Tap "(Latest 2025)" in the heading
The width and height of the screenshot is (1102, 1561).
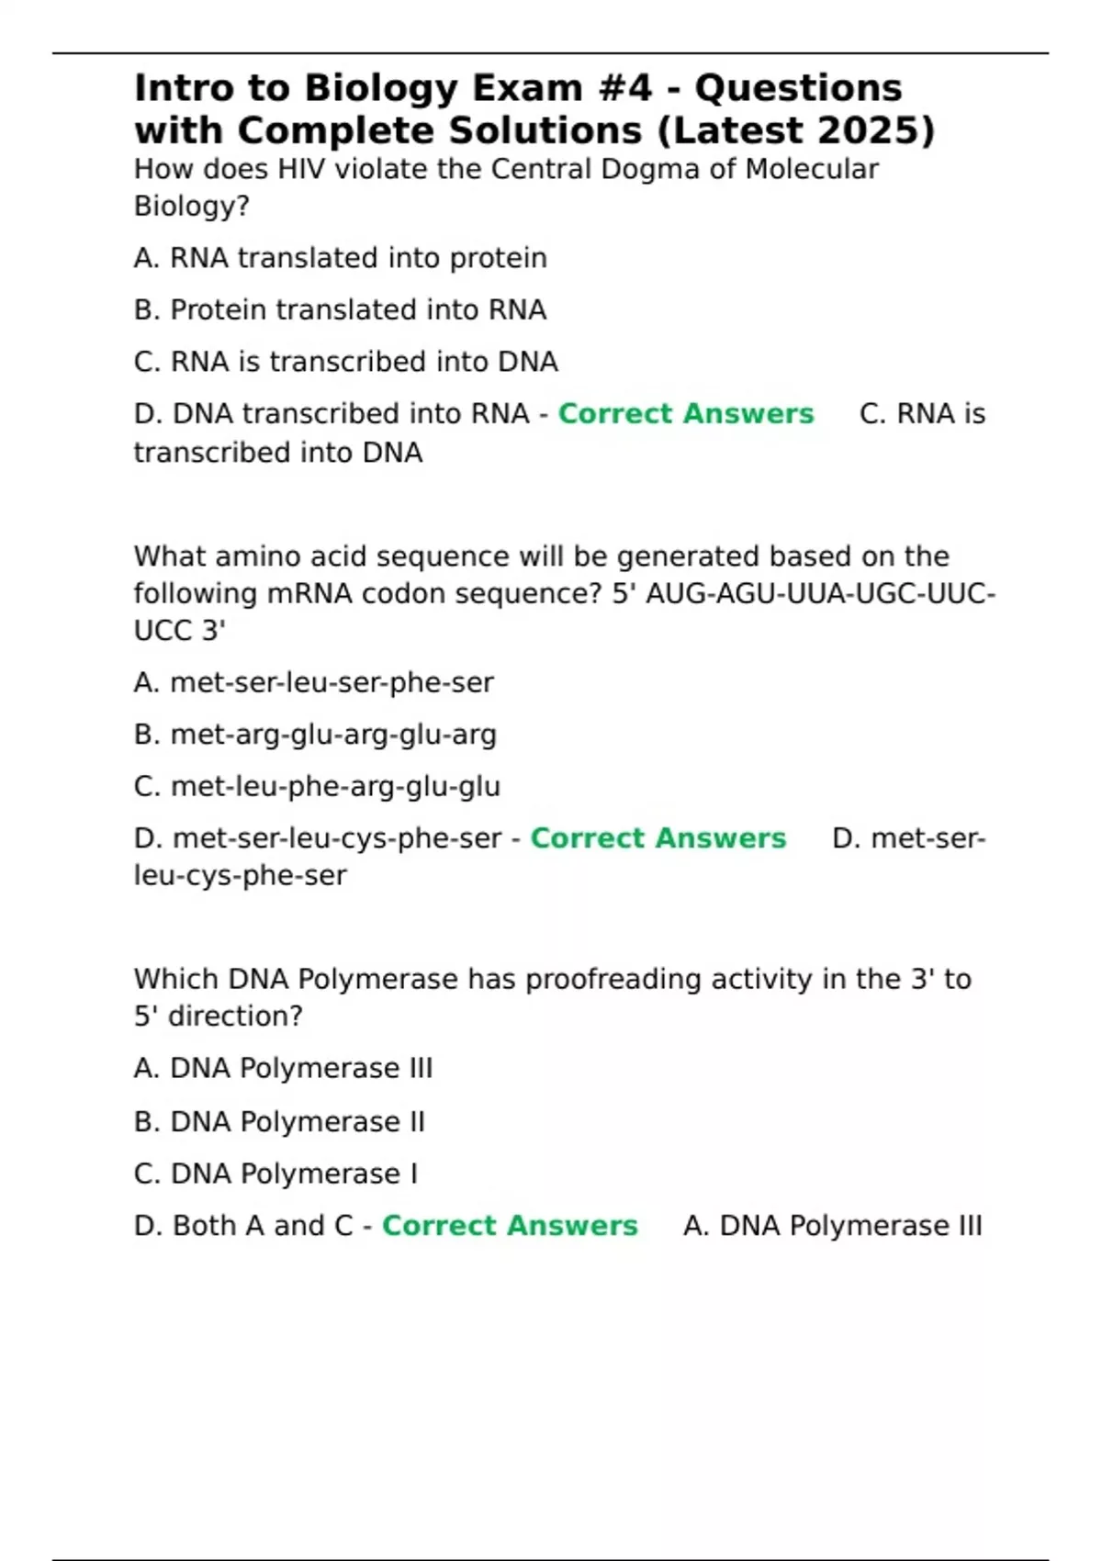coord(795,130)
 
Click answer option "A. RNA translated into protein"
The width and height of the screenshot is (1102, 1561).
coord(340,258)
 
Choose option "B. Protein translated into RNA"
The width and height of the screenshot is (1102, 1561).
coord(340,310)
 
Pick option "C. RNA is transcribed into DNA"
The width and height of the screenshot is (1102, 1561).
coord(345,362)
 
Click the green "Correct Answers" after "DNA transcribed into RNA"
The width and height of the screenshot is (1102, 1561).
coord(685,414)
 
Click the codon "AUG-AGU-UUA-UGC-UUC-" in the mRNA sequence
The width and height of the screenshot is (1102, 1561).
coord(820,594)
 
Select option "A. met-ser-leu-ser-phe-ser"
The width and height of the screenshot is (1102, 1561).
coord(313,682)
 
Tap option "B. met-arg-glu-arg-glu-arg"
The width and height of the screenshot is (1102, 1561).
coord(315,735)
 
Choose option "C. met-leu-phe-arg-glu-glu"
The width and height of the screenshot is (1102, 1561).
coord(317,787)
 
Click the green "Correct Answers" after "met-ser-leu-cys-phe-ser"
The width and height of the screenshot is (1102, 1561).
coord(658,838)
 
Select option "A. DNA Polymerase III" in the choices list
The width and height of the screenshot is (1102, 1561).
coord(283,1069)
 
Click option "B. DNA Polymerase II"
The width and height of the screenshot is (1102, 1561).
coord(279,1122)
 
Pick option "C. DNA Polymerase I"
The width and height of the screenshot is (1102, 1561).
coord(275,1174)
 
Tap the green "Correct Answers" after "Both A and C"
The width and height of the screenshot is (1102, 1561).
coord(509,1226)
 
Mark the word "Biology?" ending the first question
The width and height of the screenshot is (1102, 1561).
coord(192,207)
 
